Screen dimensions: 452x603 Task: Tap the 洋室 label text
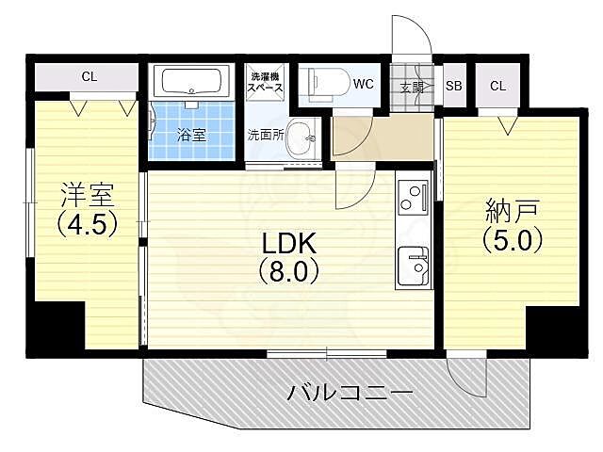pos(87,196)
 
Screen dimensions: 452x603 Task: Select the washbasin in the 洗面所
pos(301,137)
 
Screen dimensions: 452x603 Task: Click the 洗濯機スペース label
pos(267,81)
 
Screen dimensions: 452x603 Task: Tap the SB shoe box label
pos(453,86)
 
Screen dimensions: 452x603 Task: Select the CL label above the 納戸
pos(497,86)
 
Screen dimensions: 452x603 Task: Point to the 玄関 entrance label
pos(412,87)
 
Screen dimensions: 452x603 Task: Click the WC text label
pos(364,84)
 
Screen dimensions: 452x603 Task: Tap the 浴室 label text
pos(191,135)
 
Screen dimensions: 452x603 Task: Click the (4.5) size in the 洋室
pos(87,226)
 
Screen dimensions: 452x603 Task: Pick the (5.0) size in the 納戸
pos(513,239)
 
